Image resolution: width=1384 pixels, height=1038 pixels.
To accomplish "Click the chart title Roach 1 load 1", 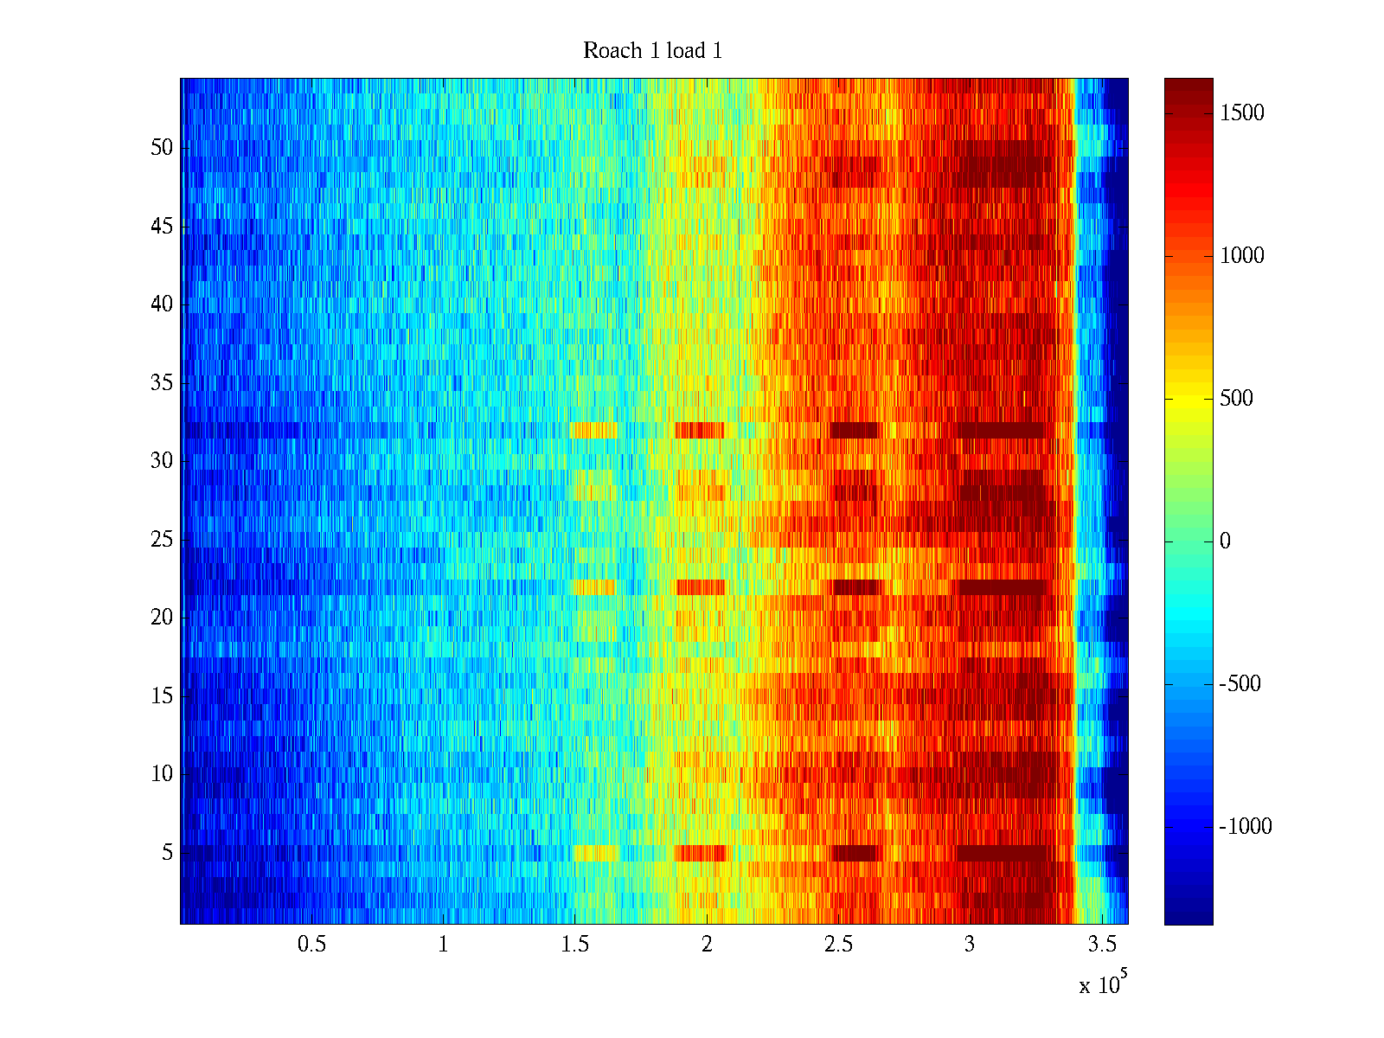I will tap(652, 51).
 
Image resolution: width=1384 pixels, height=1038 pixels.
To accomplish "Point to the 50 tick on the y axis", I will tap(162, 148).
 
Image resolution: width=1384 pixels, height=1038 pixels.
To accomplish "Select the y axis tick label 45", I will tap(162, 227).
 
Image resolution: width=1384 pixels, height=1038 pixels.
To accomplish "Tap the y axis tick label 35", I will tap(162, 383).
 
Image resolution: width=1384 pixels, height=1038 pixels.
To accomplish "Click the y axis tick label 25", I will tap(162, 540).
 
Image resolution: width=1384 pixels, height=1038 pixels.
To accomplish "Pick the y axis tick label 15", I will tap(162, 696).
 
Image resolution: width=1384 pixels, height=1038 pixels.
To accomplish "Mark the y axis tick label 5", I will tap(167, 853).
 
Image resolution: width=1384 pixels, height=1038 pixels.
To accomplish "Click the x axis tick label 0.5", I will tap(311, 945).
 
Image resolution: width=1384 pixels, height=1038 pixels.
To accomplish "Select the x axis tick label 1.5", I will tap(575, 945).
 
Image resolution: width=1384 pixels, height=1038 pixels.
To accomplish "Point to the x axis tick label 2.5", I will tap(838, 945).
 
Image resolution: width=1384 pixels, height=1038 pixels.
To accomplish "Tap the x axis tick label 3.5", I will tap(1102, 945).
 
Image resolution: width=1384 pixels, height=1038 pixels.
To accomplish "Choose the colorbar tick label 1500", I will tap(1242, 113).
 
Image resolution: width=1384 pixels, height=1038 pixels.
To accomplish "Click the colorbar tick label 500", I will tap(1236, 399).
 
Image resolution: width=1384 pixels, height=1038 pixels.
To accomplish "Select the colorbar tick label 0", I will tap(1225, 541).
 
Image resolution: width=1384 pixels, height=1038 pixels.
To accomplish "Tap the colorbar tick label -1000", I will tap(1246, 827).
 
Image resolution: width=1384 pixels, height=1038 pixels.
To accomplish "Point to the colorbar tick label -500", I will tap(1240, 684).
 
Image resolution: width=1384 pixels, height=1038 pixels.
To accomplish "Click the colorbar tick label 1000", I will tap(1242, 256).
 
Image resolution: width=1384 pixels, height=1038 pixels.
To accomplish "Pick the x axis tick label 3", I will tap(970, 945).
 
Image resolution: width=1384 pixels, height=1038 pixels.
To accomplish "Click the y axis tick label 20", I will tap(162, 618).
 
